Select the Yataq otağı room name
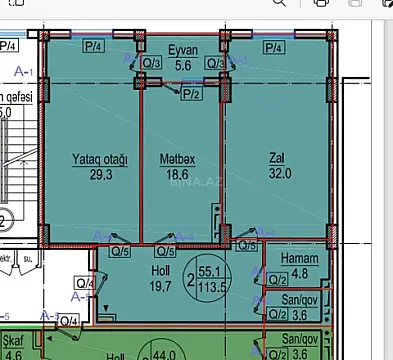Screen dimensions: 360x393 (99, 158)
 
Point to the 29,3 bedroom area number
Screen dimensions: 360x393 (98, 173)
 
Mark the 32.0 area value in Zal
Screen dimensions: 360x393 (278, 173)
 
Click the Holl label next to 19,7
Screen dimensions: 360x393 (132, 270)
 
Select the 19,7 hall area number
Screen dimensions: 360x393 (132, 286)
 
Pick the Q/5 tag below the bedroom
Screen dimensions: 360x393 (119, 251)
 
